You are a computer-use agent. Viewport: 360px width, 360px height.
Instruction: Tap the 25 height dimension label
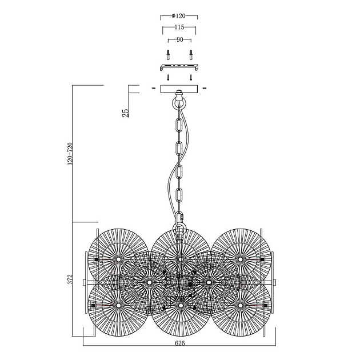[x=126, y=111]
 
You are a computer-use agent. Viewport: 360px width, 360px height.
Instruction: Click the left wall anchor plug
[x=169, y=55]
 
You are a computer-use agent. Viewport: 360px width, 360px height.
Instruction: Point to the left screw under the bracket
[x=169, y=77]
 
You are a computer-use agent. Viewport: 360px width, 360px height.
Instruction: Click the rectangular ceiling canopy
[x=180, y=89]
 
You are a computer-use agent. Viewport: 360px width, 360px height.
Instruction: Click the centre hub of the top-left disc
[x=118, y=259]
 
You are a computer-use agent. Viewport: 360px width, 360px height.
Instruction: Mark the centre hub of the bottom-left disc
[x=118, y=306]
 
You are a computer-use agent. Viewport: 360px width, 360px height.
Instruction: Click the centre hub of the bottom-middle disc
[x=181, y=306]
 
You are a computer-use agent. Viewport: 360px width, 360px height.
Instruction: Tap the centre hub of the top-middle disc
[x=181, y=259]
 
